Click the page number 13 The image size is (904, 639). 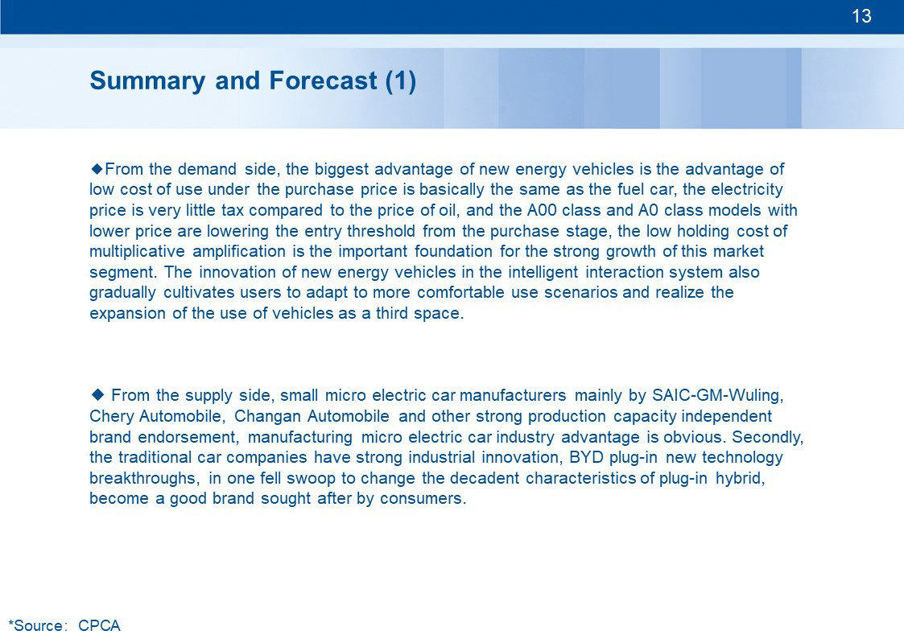(x=861, y=15)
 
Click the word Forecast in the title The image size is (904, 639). (x=323, y=80)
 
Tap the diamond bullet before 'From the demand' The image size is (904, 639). (x=97, y=168)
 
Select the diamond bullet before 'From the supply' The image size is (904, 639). (x=97, y=394)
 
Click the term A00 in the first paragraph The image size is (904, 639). (x=542, y=210)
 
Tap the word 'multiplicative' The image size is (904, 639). (x=137, y=252)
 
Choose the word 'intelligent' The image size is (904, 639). (x=543, y=273)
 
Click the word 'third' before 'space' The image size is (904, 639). (x=392, y=313)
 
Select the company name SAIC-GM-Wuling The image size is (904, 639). (x=718, y=396)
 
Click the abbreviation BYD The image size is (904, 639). (x=586, y=457)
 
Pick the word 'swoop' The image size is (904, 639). (x=312, y=479)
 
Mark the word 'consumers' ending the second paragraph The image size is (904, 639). (x=423, y=498)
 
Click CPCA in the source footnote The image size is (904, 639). (x=99, y=625)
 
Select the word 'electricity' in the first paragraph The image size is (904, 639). (x=747, y=190)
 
